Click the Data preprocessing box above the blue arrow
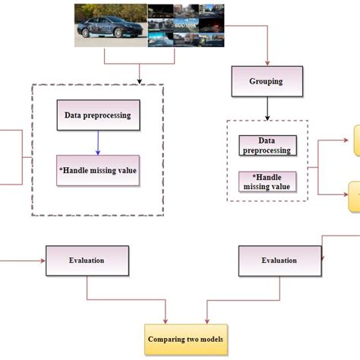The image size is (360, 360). click(x=97, y=115)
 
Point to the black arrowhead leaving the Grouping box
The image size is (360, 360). click(x=266, y=118)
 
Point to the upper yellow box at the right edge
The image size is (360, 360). click(x=355, y=138)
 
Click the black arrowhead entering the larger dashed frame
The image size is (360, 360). click(x=140, y=81)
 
